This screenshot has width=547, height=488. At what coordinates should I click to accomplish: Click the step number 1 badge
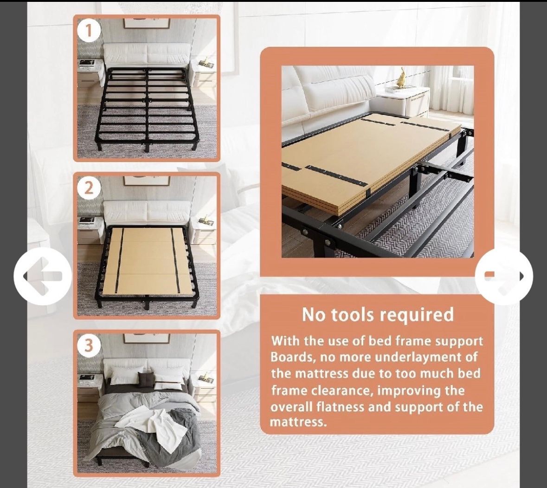tap(89, 31)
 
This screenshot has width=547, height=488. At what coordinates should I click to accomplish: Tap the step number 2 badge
tap(89, 189)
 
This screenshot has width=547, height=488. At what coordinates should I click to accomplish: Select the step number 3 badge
tap(89, 345)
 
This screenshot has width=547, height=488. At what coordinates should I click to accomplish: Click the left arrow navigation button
tap(43, 276)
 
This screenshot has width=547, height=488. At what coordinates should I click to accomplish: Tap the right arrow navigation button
tap(504, 276)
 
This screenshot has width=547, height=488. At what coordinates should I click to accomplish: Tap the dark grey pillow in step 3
tap(145, 379)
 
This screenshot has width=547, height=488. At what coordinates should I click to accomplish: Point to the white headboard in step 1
tap(147, 54)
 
